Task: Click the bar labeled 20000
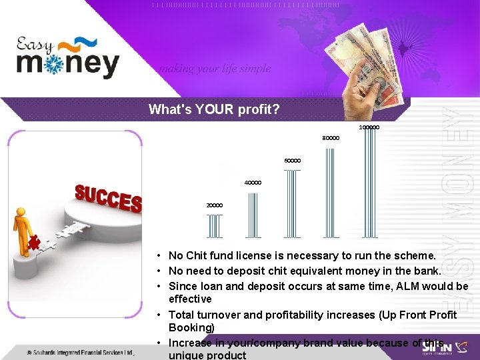pos(215,226)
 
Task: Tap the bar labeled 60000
pos(292,203)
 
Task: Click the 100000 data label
pos(369,127)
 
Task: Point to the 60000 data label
pos(292,161)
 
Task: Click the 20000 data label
pos(214,205)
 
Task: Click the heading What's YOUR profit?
pos(214,109)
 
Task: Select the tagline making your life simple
pos(214,69)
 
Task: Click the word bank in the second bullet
pos(427,271)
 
